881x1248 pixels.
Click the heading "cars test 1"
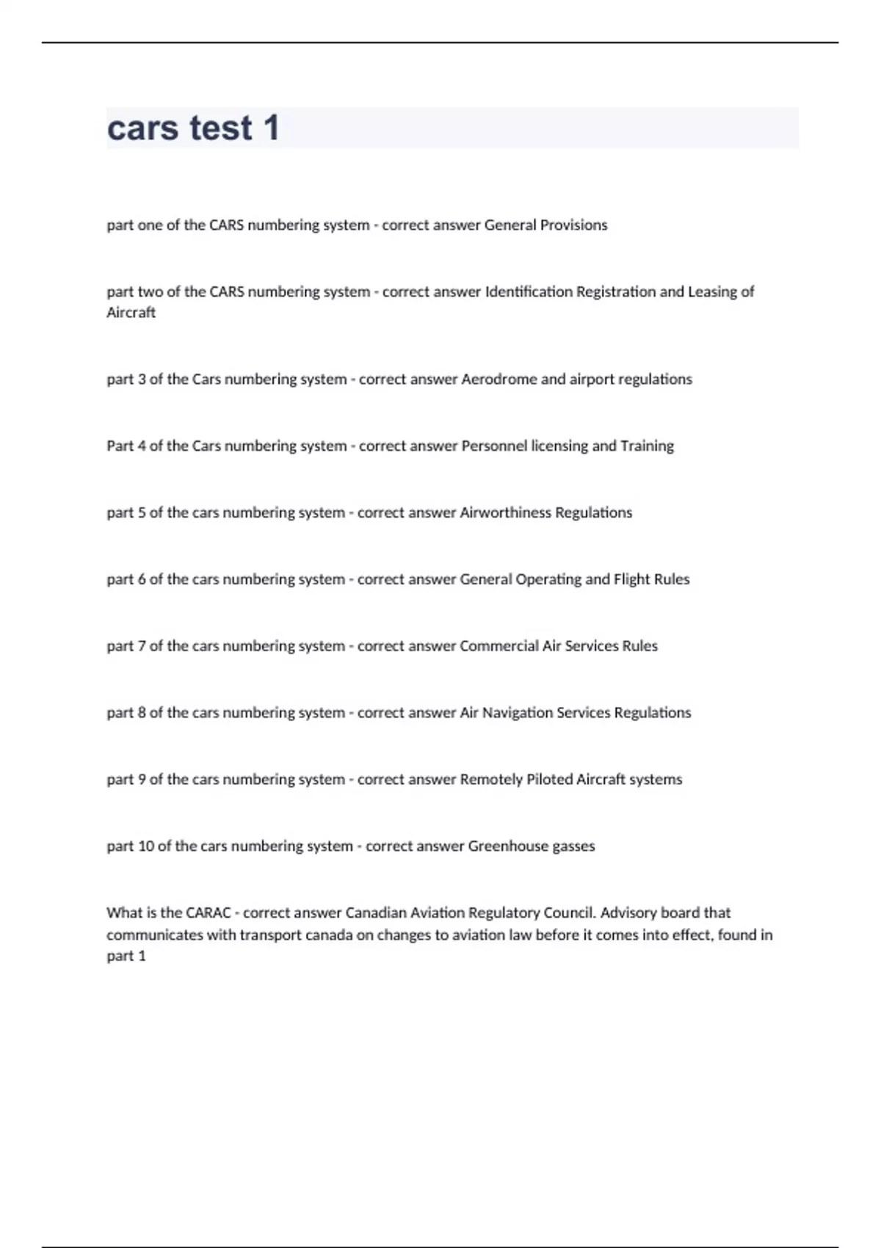(x=193, y=128)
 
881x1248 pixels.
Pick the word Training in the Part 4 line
(x=647, y=446)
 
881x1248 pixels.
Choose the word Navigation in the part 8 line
(x=517, y=712)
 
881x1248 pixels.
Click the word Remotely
(x=491, y=779)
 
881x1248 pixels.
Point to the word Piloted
(x=549, y=779)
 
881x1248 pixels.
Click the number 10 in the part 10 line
(x=146, y=846)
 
